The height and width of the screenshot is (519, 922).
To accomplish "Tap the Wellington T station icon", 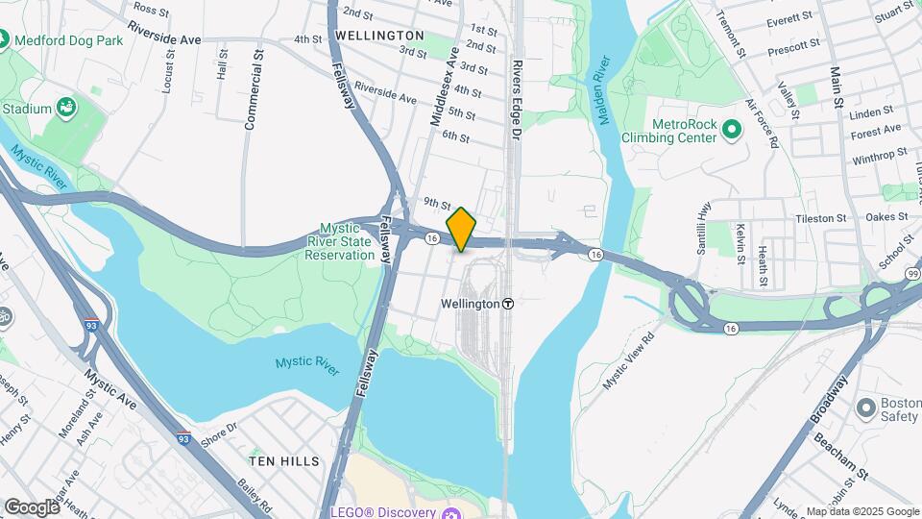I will click(x=507, y=303).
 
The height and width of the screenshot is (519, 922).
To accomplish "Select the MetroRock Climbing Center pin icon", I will click(x=732, y=129).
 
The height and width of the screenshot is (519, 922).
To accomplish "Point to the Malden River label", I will click(x=602, y=92).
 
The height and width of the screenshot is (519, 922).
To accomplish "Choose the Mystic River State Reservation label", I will click(x=339, y=241).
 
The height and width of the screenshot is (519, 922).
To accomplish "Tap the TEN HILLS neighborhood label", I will click(x=284, y=461).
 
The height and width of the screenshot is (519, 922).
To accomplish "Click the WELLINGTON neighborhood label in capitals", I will click(x=380, y=35).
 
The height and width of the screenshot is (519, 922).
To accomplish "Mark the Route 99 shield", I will click(x=913, y=274).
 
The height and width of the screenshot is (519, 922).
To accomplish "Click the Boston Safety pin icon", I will click(x=864, y=408).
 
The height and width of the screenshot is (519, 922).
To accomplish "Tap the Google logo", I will click(x=32, y=507).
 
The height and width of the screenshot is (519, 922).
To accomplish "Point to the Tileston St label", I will click(x=820, y=219).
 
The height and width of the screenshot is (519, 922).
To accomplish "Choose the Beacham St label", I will click(x=841, y=455).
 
